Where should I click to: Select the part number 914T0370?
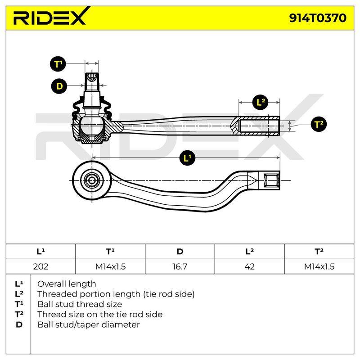coord(318,18)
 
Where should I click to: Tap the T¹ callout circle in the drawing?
coord(58,63)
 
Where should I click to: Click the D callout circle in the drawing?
coord(59,86)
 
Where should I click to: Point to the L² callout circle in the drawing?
coord(260,102)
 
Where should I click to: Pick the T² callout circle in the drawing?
coord(319,124)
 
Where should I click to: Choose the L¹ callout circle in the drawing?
coord(187,158)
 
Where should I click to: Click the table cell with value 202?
coord(40,266)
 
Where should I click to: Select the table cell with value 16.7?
coord(180,266)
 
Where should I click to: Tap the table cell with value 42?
coord(249,266)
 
